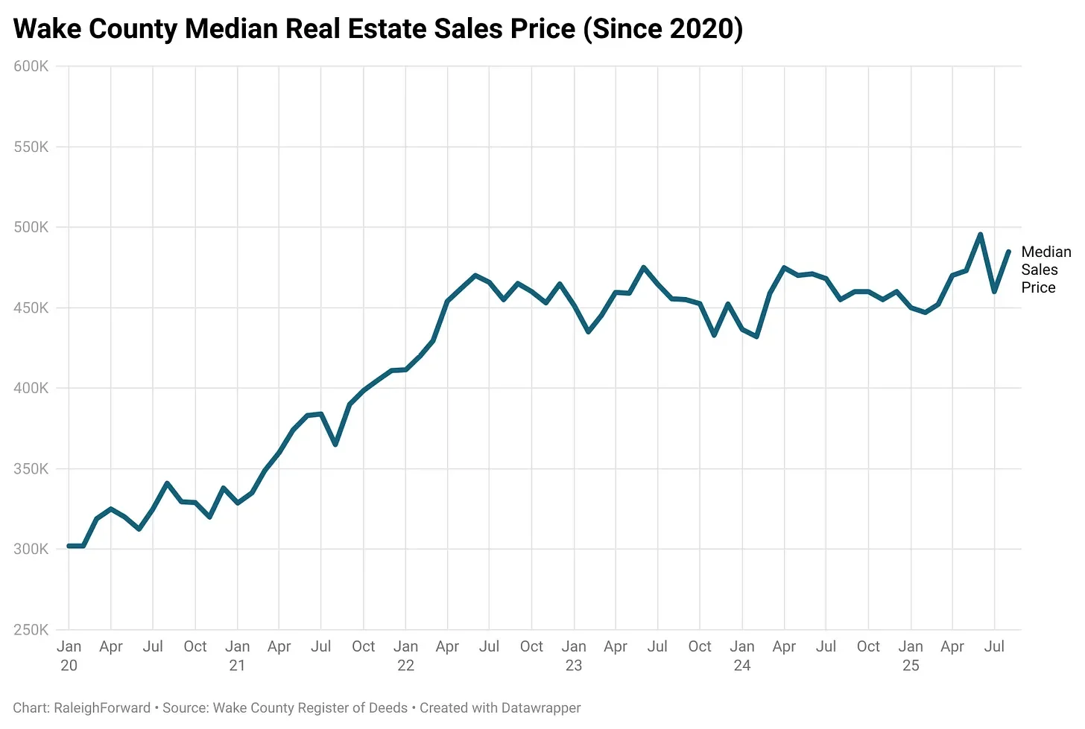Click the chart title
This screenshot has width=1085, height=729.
(378, 29)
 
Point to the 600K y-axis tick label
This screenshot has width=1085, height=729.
(31, 66)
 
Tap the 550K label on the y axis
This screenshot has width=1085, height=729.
(31, 147)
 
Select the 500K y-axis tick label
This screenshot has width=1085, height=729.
(31, 227)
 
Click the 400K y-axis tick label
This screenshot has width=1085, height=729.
(31, 388)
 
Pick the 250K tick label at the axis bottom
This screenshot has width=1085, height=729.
(31, 630)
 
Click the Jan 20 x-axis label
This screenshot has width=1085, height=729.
(69, 655)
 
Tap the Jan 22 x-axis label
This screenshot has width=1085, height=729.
(405, 655)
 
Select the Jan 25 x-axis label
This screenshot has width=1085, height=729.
(911, 655)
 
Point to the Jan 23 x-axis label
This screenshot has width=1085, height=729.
(574, 655)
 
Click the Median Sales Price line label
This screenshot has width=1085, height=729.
(1045, 270)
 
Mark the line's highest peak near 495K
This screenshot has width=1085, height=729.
(980, 235)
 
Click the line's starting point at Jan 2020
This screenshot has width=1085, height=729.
(69, 546)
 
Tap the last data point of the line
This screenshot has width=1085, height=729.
(1008, 252)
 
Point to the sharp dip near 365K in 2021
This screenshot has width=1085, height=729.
(335, 445)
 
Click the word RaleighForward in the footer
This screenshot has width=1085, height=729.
(102, 708)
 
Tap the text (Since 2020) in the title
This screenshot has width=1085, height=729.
(663, 29)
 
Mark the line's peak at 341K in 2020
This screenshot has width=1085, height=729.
(167, 483)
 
